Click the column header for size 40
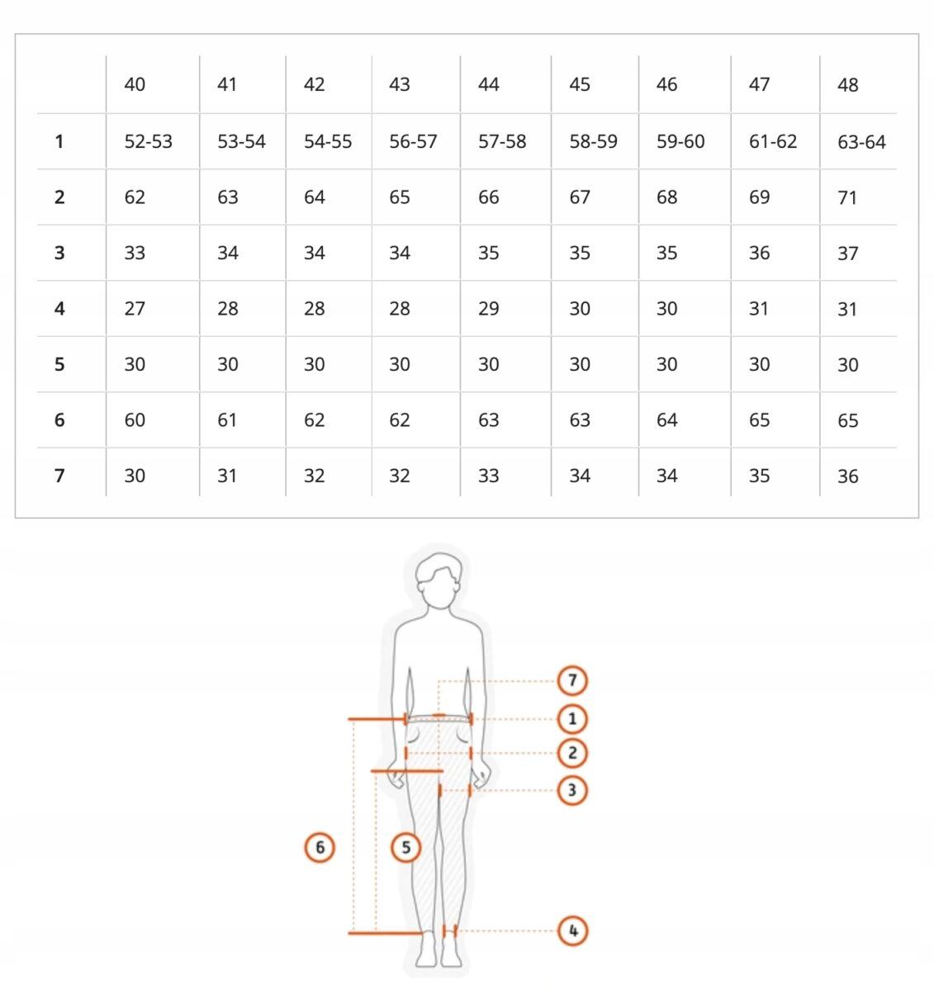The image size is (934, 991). (135, 84)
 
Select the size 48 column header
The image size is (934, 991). (847, 85)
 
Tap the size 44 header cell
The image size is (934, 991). (488, 84)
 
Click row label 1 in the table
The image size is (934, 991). (59, 141)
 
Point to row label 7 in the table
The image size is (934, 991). (59, 476)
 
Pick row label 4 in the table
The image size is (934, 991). (59, 308)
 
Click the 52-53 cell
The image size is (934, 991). (149, 141)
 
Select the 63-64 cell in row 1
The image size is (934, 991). (861, 142)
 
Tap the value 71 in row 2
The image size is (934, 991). (847, 198)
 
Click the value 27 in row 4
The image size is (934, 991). (135, 308)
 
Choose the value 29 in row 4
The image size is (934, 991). (488, 308)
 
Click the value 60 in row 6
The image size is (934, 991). (135, 420)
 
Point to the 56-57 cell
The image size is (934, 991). (413, 141)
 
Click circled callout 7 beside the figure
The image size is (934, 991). (572, 680)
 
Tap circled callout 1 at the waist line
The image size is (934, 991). (572, 719)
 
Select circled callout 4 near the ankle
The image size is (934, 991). (572, 931)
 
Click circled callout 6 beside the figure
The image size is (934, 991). (320, 847)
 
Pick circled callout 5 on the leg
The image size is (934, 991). (405, 847)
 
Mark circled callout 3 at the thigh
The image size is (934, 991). (572, 790)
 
